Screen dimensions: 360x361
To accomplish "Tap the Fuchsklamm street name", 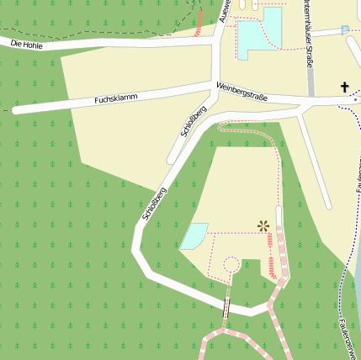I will [116, 99].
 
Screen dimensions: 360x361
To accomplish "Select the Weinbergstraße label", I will [242, 92].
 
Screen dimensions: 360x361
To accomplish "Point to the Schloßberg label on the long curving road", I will [155, 204].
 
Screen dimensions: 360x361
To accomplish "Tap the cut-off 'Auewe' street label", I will [224, 10].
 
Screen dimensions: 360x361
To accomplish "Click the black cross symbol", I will [343, 87].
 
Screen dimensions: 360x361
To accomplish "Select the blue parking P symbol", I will [344, 30].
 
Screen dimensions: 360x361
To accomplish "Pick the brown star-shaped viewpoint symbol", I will [263, 225].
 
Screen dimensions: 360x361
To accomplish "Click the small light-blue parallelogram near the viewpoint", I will [194, 236].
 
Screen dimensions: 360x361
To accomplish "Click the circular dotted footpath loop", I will [231, 265].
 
